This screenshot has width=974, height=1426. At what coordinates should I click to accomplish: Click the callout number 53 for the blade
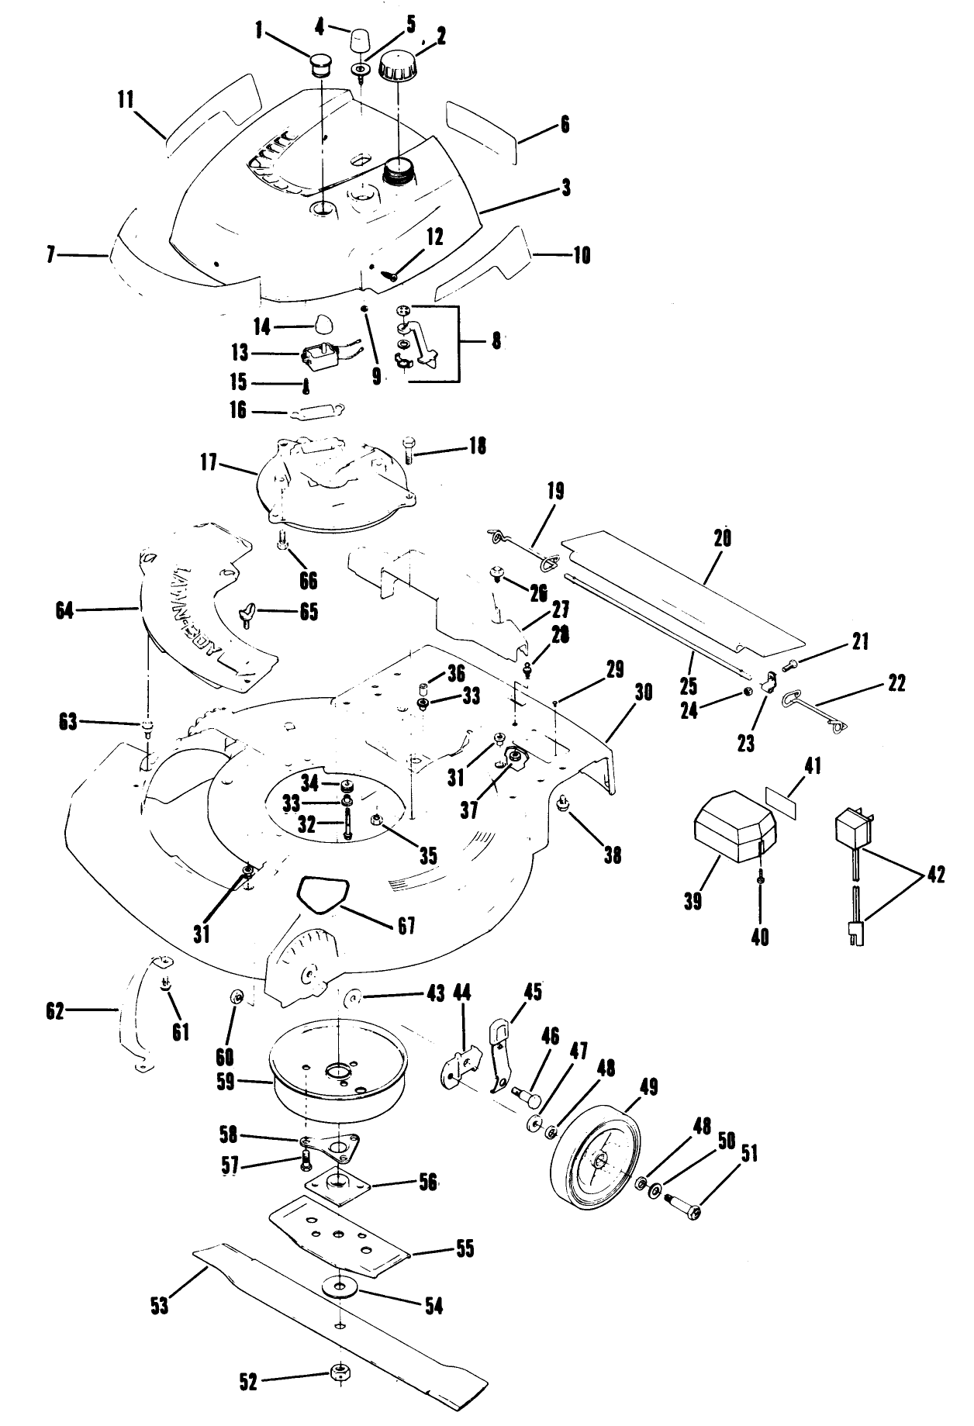pyautogui.click(x=159, y=1305)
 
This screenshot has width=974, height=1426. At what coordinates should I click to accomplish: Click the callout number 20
pyautogui.click(x=722, y=538)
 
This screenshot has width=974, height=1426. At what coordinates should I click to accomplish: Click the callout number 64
pyautogui.click(x=65, y=611)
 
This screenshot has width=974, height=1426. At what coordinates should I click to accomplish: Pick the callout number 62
pyautogui.click(x=55, y=1011)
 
